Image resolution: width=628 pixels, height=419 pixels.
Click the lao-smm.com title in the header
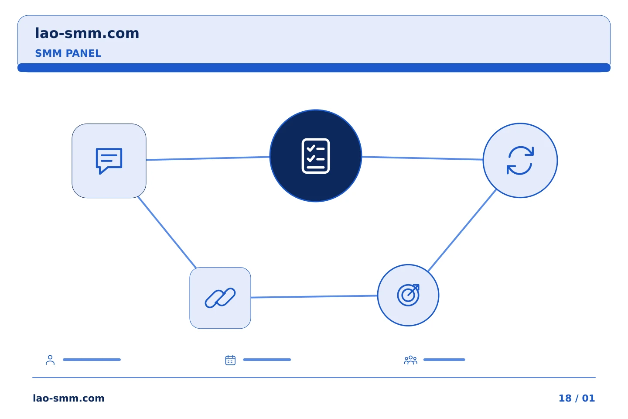tap(87, 34)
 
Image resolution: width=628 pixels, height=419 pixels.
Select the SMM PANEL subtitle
tap(68, 53)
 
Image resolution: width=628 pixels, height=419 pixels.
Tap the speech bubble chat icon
tap(109, 161)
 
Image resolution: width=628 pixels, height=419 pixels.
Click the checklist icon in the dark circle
tap(316, 156)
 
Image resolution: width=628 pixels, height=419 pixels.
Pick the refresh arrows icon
tap(520, 160)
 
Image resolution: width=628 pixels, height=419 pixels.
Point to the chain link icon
tap(220, 298)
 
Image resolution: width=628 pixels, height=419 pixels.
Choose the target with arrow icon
tap(408, 295)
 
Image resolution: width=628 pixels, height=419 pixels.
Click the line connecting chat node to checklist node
tap(208, 158)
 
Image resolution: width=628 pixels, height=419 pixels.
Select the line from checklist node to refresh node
tap(423, 158)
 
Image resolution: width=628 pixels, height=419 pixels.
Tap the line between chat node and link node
tap(167, 232)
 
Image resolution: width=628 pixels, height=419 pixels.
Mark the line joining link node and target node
tap(314, 296)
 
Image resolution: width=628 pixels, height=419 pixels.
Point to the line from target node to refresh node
tap(462, 230)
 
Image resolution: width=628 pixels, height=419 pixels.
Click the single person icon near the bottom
tap(50, 360)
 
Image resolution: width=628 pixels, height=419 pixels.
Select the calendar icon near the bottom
tap(230, 360)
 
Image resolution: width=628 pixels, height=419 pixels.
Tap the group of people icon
tap(411, 360)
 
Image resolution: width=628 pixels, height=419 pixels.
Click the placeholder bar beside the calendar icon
tap(267, 360)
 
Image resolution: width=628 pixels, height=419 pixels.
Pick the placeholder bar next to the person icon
tap(92, 360)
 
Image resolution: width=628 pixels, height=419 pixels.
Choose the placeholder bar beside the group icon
tap(444, 360)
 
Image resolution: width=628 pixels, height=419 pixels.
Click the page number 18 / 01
tap(577, 398)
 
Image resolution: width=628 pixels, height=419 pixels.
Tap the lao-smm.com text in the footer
tap(69, 398)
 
